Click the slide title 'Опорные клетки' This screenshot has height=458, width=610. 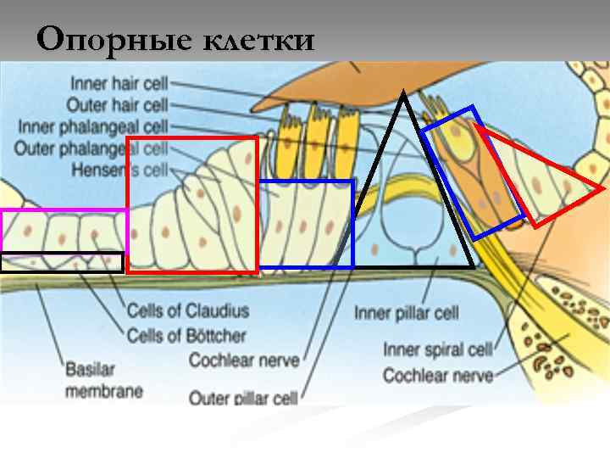point(175,39)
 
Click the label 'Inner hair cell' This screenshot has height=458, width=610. point(119,84)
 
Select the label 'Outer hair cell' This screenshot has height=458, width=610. point(119,105)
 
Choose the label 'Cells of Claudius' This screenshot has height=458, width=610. point(187,311)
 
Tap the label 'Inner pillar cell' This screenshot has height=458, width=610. point(407,313)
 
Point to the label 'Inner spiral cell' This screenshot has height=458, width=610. point(437,349)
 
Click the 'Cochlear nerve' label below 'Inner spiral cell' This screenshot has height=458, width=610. point(437,374)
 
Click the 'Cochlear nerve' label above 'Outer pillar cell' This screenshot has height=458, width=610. point(244,360)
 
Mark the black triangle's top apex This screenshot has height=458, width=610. point(404,92)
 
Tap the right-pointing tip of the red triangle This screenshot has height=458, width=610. point(603,187)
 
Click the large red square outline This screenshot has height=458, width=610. point(127,204)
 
